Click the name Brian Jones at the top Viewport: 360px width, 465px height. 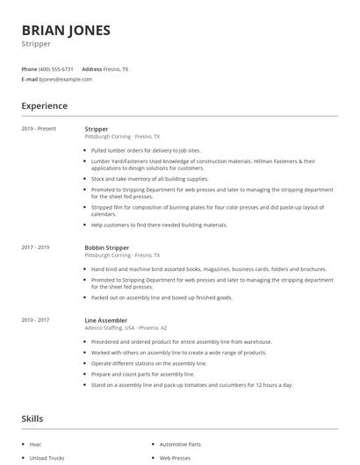[x=66, y=30]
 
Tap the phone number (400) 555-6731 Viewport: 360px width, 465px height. [x=57, y=68]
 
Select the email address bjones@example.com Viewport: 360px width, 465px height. [x=66, y=79]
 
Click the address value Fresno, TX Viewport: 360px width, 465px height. [x=116, y=68]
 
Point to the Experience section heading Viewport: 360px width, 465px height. [x=44, y=106]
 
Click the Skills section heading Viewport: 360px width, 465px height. [x=32, y=418]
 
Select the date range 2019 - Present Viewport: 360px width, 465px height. [x=39, y=129]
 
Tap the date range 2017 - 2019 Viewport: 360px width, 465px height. [x=35, y=248]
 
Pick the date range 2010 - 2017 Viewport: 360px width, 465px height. [x=35, y=320]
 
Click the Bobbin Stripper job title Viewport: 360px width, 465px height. [x=107, y=248]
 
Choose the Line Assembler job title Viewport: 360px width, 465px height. [x=106, y=320]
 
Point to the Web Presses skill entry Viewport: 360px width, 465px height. [x=174, y=458]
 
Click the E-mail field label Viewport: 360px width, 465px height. [x=29, y=79]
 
